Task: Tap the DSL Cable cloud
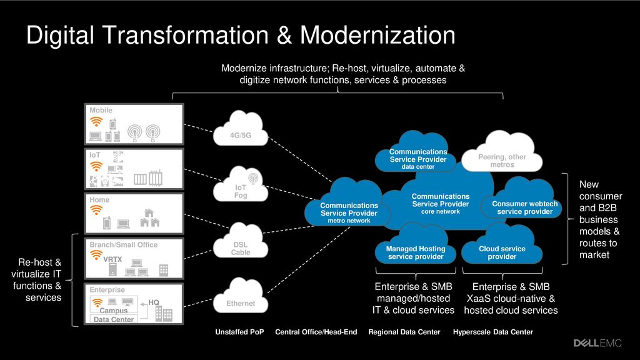click(x=241, y=243)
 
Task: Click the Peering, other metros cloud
click(x=502, y=154)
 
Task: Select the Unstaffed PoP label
click(x=239, y=332)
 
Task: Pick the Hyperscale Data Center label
click(x=492, y=332)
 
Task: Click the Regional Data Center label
click(x=404, y=332)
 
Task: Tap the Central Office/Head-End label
click(x=316, y=332)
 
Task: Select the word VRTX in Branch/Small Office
click(x=112, y=259)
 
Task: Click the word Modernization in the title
click(x=377, y=36)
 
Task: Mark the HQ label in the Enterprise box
click(x=154, y=302)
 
